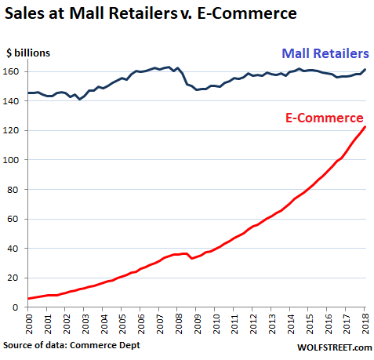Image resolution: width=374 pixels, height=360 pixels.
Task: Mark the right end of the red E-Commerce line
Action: tap(364, 128)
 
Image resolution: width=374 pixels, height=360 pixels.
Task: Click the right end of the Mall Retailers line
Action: tap(364, 70)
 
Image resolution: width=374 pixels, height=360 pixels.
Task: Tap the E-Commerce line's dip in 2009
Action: tap(192, 258)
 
